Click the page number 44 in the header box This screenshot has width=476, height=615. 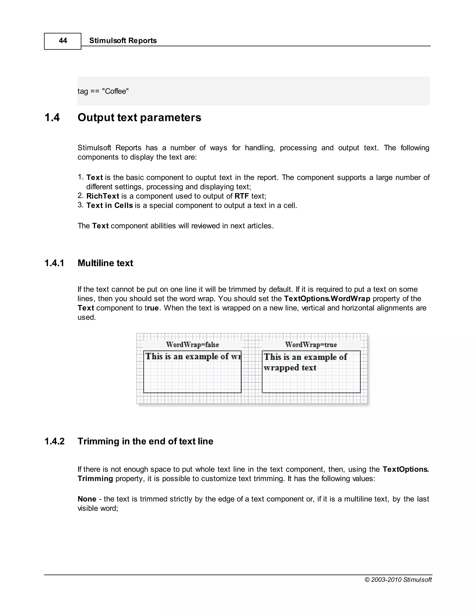pos(63,41)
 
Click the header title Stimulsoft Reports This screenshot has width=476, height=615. pos(123,41)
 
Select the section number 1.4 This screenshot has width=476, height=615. pos(52,117)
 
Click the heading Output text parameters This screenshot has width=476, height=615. pos(139,117)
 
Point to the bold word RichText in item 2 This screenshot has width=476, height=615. pos(103,196)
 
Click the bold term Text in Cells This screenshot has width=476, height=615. pos(109,206)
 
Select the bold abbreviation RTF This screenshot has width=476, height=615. pos(242,196)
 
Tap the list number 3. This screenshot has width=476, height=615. pos(80,205)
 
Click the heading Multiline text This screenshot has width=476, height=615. pos(105,263)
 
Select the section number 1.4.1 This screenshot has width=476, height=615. pos(54,263)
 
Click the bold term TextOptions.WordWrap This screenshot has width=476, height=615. pos(327,298)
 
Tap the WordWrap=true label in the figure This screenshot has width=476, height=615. pos(311,345)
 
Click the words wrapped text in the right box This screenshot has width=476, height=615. pos(290,368)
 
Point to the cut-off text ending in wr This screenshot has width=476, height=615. pos(193,356)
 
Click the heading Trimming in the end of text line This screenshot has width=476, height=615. pos(145,441)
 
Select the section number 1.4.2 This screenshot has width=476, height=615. pos(54,441)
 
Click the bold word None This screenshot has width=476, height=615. pos(87,499)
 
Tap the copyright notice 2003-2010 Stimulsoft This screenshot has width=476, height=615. pos(398,579)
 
